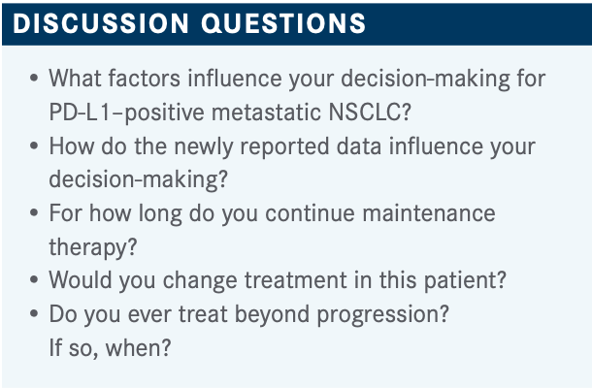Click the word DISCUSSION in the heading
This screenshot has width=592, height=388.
(x=101, y=23)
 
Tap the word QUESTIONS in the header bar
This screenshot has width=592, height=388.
(x=283, y=23)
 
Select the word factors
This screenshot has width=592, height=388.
(x=145, y=79)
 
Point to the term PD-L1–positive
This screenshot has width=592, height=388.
(x=126, y=113)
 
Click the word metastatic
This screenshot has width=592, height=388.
(x=266, y=113)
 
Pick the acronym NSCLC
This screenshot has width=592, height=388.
(x=364, y=113)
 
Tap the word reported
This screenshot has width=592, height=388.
(x=284, y=147)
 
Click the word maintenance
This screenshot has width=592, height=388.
(x=429, y=213)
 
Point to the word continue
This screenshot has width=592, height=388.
(x=310, y=213)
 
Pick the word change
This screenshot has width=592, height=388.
(x=200, y=281)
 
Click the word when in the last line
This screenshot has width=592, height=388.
(x=133, y=348)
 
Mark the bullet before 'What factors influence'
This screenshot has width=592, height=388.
(x=34, y=79)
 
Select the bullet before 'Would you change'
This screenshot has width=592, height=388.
(x=34, y=280)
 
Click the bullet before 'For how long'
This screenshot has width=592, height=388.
(x=34, y=213)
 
